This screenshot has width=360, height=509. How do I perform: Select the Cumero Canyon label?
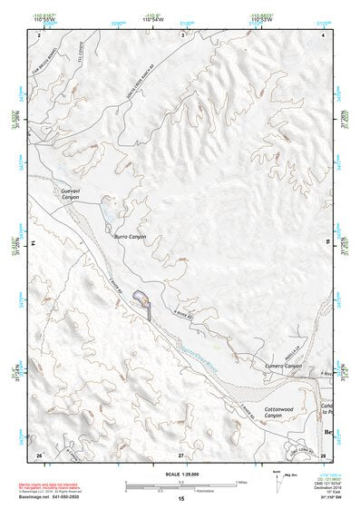(283, 366)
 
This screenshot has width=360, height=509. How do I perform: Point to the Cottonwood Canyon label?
(278, 413)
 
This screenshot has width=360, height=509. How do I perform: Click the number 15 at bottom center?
(180, 500)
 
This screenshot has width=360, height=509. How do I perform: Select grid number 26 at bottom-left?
(39, 454)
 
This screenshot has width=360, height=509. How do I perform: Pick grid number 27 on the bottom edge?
(180, 454)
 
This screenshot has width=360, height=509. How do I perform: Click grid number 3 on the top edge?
(181, 34)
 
